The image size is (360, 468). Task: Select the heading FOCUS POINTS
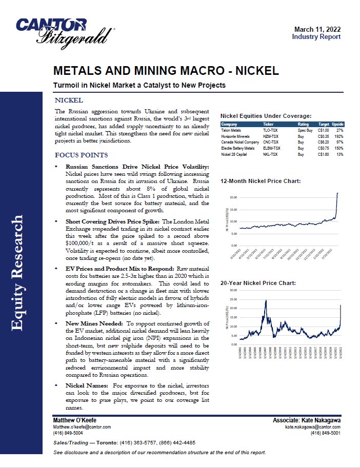82,155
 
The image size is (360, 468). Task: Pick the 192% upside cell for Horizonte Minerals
338,137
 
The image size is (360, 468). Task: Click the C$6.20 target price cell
324,143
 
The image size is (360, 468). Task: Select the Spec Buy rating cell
305,131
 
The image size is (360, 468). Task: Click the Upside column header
338,125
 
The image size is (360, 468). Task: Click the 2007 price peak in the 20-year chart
265,301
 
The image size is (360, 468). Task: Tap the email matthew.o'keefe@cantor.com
82,426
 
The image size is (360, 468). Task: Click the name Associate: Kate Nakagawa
307,420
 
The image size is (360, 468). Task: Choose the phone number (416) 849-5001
326,433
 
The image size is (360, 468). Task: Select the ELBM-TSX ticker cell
272,149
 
